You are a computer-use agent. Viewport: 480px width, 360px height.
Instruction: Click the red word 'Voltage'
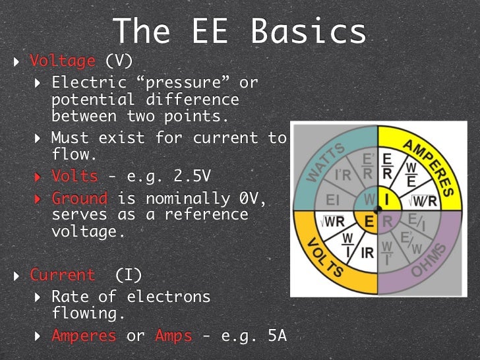tap(63, 61)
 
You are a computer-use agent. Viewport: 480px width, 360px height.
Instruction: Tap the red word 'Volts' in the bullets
tap(75, 177)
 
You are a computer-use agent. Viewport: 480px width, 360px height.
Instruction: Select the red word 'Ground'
tap(79, 198)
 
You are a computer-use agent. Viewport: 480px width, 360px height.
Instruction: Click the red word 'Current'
tap(63, 275)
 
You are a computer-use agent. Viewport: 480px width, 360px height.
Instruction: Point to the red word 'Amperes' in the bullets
tap(84, 335)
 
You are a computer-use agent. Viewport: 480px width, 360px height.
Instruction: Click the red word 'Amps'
tap(173, 335)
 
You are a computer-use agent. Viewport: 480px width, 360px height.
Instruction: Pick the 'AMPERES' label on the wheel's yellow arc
tap(429, 167)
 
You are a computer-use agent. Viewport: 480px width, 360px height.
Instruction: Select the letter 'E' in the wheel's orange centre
tap(369, 222)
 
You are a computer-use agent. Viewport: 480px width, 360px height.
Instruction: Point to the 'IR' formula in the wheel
tap(366, 252)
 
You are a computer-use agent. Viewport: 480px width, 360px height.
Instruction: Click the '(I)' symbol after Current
tap(129, 275)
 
